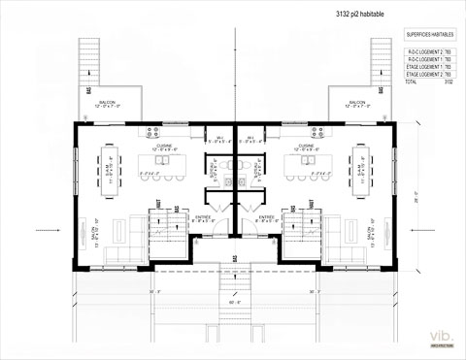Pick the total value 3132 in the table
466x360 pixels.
coord(449,82)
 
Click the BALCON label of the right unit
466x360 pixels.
coord(356,102)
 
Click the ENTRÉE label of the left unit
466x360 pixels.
coord(201,217)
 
